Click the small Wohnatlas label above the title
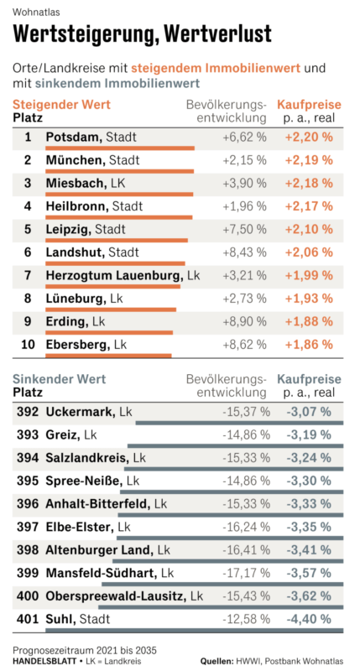(36, 12)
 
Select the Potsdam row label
(91, 138)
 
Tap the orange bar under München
(120, 171)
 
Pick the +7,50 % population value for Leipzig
(244, 229)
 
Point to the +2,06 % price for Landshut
(309, 252)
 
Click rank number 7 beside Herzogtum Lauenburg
(28, 275)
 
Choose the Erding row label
(76, 321)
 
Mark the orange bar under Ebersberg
(109, 355)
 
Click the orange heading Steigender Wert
(61, 104)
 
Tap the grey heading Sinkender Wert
(59, 379)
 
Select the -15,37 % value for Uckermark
(247, 412)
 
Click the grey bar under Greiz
(236, 446)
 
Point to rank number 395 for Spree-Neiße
(28, 481)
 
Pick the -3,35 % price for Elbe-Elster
(309, 527)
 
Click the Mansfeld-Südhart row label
(110, 573)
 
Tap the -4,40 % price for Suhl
(309, 619)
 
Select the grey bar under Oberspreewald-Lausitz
(221, 607)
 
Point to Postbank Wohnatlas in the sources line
(304, 661)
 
